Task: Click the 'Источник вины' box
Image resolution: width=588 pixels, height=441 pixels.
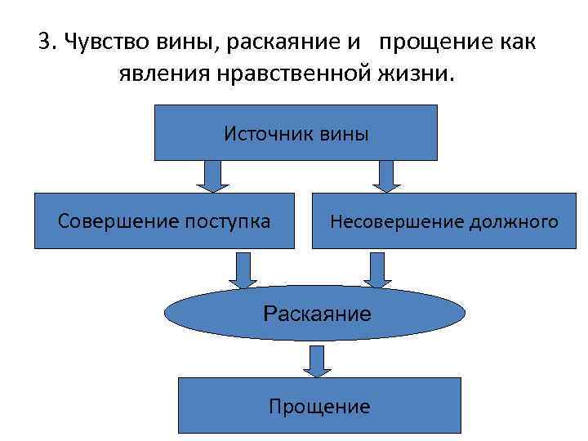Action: coord(296,132)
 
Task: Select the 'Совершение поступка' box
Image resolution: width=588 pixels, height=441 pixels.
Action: coord(164,220)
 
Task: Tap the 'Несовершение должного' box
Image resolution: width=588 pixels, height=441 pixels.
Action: coord(443,220)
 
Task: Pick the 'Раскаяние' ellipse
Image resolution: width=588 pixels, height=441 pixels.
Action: coord(315,313)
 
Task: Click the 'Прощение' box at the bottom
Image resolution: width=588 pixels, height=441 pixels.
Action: coord(319,405)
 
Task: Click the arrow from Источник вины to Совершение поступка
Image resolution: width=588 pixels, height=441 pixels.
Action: coord(212,176)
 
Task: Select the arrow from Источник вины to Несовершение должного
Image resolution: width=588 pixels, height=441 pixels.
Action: coord(386,176)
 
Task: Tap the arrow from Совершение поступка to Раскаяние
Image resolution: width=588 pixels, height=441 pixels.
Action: coord(243,269)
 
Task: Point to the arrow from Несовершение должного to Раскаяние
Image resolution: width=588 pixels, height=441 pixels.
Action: coord(377,269)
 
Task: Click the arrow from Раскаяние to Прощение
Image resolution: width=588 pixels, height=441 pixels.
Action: coord(314,360)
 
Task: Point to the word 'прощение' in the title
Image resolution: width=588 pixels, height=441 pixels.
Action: coord(431,42)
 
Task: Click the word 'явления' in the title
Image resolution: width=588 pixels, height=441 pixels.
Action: coord(163,74)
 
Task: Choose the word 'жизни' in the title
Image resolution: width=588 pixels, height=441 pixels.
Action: coord(420,74)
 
